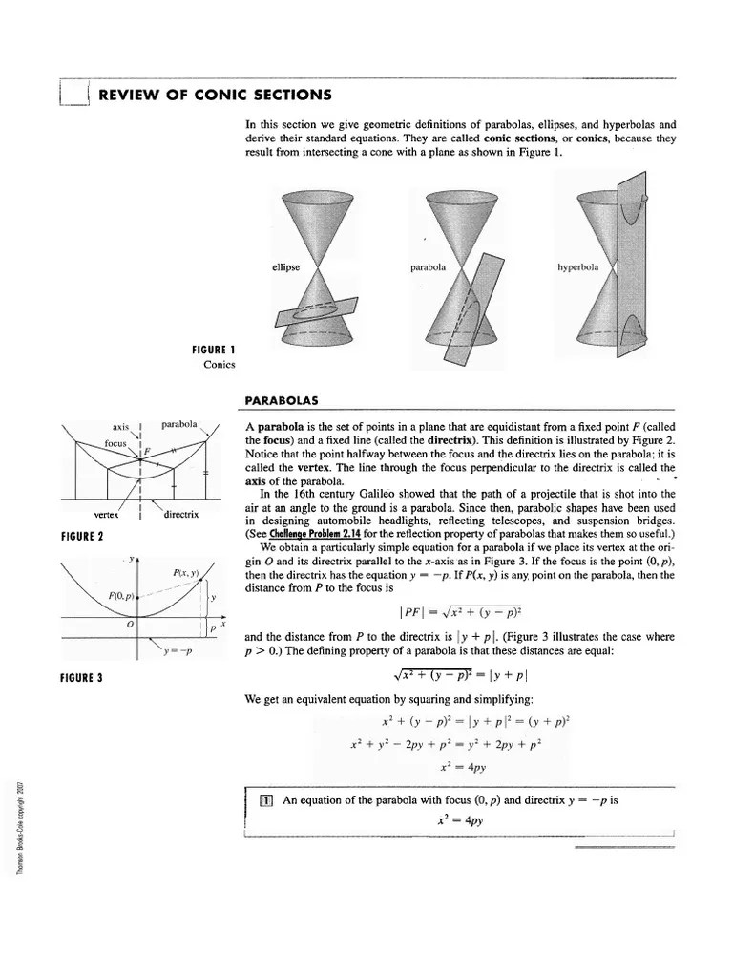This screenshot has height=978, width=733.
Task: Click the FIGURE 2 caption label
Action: [81, 535]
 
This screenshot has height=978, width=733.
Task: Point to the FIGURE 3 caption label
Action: [81, 678]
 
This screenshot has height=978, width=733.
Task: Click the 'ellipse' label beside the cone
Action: [285, 267]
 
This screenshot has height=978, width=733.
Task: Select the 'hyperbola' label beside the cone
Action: [577, 267]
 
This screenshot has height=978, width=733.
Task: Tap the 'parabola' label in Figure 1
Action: [429, 267]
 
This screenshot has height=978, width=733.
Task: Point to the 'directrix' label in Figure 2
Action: [180, 514]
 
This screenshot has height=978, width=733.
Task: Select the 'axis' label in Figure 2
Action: [120, 426]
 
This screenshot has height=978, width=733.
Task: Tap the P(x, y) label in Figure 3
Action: [186, 572]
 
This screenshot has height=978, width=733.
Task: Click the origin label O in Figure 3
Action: [130, 624]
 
